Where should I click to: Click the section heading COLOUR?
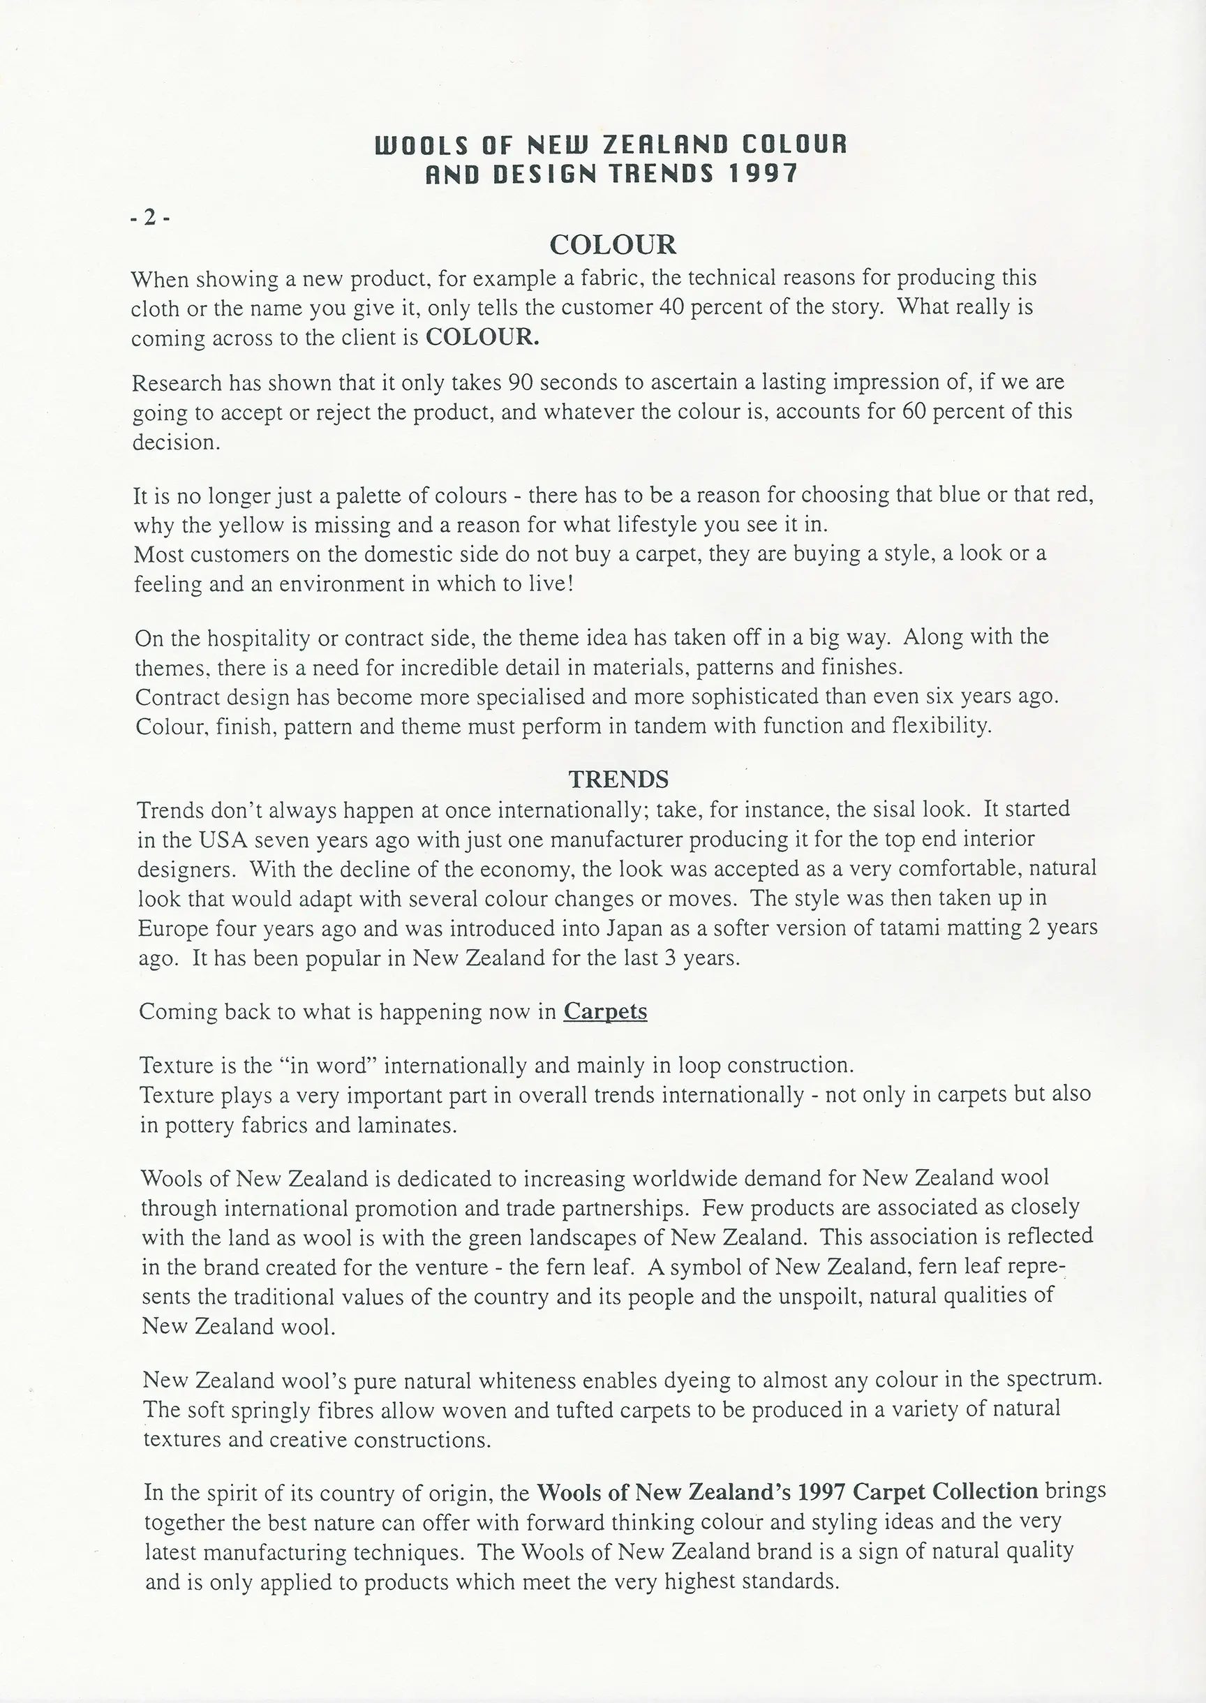coord(613,244)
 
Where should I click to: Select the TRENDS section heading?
coord(618,779)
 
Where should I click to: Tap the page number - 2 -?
coord(150,218)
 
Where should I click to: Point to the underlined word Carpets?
coord(605,1011)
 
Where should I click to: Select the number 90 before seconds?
coord(521,382)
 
